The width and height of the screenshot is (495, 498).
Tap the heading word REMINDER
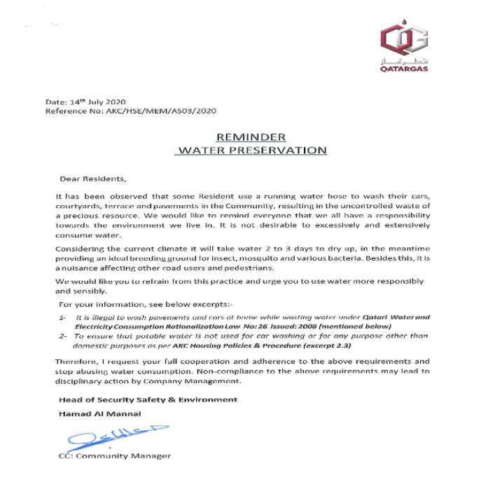pyautogui.click(x=250, y=137)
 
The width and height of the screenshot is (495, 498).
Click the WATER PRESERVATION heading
pyautogui.click(x=250, y=150)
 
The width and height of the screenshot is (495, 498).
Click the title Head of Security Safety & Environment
pyautogui.click(x=148, y=399)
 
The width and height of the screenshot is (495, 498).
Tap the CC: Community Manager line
pyautogui.click(x=115, y=456)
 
